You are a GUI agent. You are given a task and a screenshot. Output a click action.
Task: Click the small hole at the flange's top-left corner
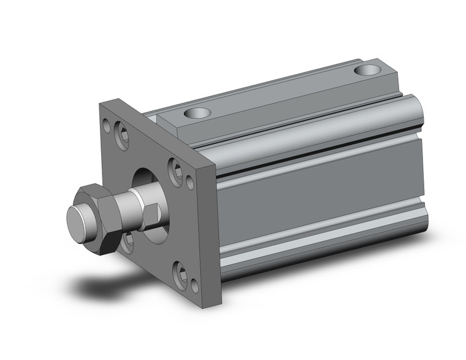point(107,128)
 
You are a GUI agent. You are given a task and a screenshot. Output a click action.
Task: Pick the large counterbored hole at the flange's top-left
point(122,137)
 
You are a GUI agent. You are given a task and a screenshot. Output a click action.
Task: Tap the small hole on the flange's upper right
point(189,183)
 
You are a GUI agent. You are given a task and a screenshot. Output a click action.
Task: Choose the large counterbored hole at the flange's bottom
point(180,274)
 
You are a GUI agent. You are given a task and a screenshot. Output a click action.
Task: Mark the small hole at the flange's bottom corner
point(194,286)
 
